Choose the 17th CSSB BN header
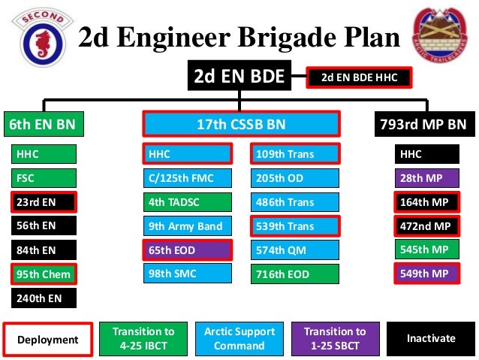(x=241, y=124)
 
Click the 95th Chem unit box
(x=44, y=274)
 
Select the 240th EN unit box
(x=44, y=298)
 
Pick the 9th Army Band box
(x=186, y=225)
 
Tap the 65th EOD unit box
(x=186, y=250)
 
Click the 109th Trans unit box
(x=295, y=154)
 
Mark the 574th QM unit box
(x=295, y=250)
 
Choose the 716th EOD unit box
(x=295, y=274)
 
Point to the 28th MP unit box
(x=426, y=178)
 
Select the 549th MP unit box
(x=426, y=274)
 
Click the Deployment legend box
(x=49, y=340)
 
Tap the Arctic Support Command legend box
(x=239, y=339)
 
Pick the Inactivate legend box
(x=431, y=338)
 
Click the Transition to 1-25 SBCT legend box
(x=335, y=339)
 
